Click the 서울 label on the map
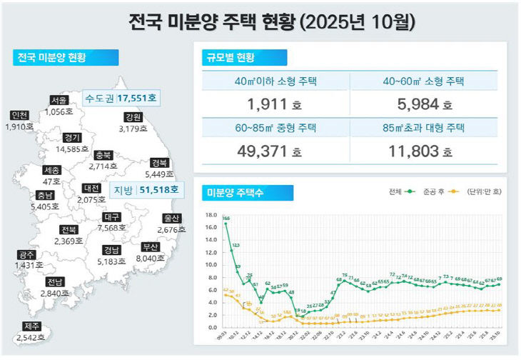pyautogui.click(x=59, y=101)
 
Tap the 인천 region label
pyautogui.click(x=19, y=116)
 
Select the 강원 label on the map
pyautogui.click(x=133, y=117)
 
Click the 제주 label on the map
pyautogui.click(x=30, y=326)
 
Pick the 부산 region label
pyautogui.click(x=151, y=248)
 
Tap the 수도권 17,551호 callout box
pyautogui.click(x=121, y=98)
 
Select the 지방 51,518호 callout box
pyautogui.click(x=146, y=190)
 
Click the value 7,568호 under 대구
pyautogui.click(x=111, y=228)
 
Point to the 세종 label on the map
pyautogui.click(x=52, y=171)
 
